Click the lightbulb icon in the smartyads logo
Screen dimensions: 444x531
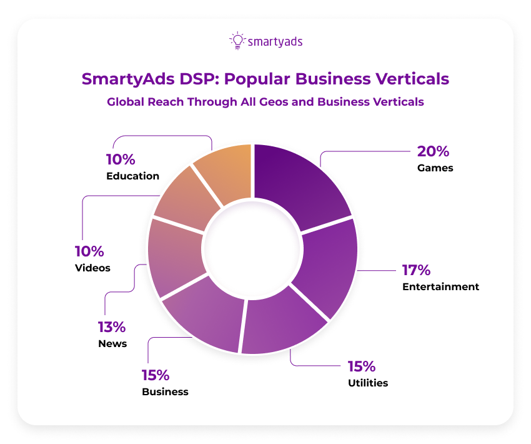(237, 41)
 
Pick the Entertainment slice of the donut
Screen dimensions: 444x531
(328, 269)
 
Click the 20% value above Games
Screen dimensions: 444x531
(433, 151)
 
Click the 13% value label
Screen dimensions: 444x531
(112, 326)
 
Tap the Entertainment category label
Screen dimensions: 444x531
(441, 287)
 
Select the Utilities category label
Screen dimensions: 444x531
(368, 383)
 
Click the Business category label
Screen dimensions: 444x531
(165, 392)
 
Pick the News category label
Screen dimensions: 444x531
(112, 343)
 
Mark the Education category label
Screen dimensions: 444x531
(132, 176)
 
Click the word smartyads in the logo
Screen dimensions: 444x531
(275, 42)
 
